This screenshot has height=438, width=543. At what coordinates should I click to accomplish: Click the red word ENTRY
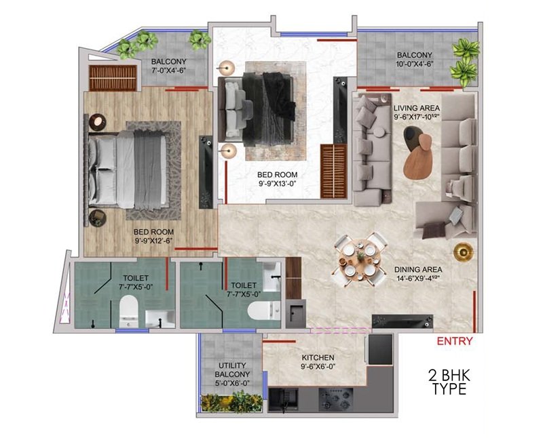click(x=454, y=341)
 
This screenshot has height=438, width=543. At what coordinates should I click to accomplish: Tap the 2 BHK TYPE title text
click(x=449, y=382)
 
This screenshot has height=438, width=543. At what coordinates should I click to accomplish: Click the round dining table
click(x=360, y=259)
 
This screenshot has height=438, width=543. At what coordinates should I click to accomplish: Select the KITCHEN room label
click(x=318, y=358)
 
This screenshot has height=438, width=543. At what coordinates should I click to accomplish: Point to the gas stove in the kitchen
click(x=336, y=399)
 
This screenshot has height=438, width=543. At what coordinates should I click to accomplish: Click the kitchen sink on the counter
click(x=283, y=399)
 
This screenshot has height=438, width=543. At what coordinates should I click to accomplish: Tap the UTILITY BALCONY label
click(x=232, y=370)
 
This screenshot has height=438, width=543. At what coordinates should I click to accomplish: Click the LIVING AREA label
click(x=416, y=108)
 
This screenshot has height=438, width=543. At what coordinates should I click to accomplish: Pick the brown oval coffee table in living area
click(x=418, y=157)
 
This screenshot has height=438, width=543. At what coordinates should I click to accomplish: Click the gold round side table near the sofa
click(x=464, y=251)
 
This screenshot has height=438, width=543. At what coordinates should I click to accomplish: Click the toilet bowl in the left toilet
click(x=128, y=311)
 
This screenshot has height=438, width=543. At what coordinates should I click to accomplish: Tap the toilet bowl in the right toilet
click(x=264, y=311)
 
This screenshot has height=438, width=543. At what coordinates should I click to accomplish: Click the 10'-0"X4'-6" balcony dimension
click(x=415, y=64)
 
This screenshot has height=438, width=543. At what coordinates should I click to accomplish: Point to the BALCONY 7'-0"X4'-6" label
click(x=168, y=66)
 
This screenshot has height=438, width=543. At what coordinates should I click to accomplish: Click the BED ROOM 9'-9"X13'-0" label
click(x=277, y=179)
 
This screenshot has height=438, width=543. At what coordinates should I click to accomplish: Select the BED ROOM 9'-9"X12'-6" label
click(x=153, y=236)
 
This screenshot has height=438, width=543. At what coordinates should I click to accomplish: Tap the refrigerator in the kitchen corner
click(x=380, y=349)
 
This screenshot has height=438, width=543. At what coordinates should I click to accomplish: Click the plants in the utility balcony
click(x=231, y=402)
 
